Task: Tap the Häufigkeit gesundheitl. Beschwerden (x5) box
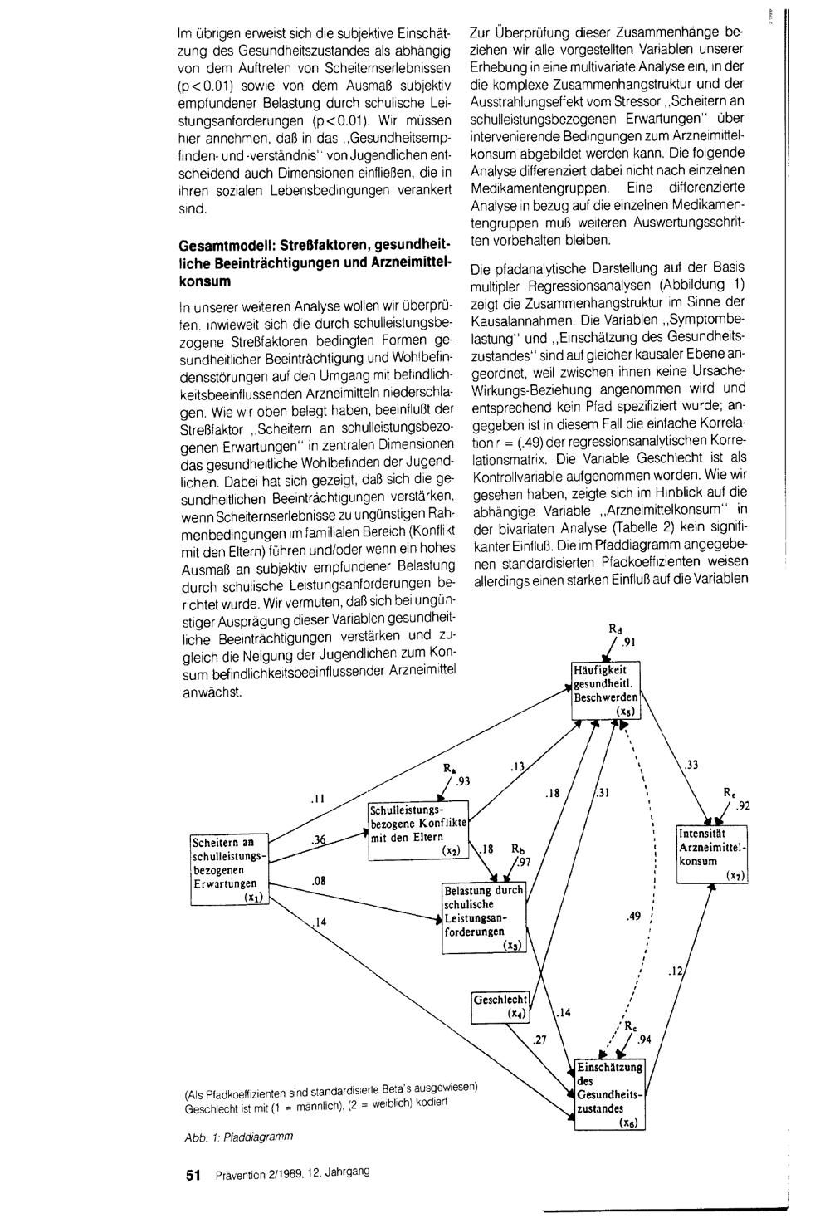[x=605, y=690]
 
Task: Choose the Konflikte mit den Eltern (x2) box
[x=417, y=830]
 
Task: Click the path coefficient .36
[x=317, y=840]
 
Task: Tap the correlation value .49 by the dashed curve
[x=634, y=917]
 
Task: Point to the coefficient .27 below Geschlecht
[x=540, y=1039]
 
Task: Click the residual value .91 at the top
[x=629, y=641]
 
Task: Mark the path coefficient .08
[x=318, y=879]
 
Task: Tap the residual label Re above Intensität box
[x=728, y=792]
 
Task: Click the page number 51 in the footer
[x=194, y=1176]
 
